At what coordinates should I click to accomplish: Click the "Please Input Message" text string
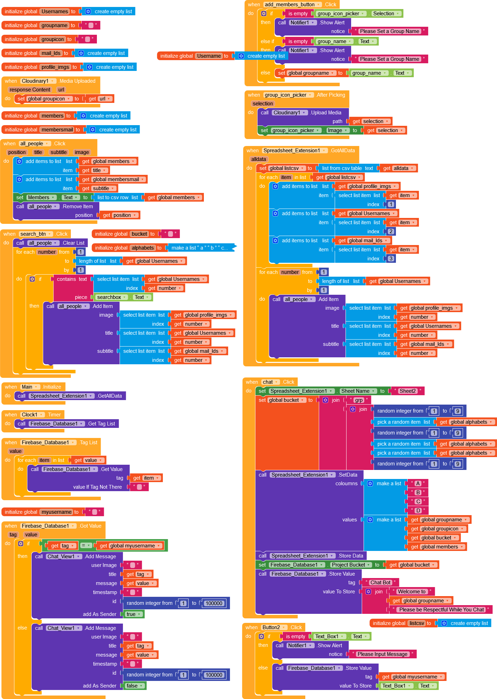coord(382,654)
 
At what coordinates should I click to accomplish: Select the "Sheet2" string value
coord(407,391)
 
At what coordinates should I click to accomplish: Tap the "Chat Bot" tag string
coord(380,583)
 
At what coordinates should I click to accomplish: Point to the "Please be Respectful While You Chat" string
coord(441,610)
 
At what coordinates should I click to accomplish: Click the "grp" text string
coord(359,400)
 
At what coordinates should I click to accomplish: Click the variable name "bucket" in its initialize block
coord(139,234)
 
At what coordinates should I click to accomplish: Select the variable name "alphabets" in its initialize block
coord(143,248)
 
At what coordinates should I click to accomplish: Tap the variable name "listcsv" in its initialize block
coord(416,623)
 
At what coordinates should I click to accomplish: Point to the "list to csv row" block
coord(117,197)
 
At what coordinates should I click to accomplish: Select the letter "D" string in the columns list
coord(418,511)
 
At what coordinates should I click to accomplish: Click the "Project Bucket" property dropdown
coord(350,565)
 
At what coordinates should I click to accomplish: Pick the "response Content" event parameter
coord(30,90)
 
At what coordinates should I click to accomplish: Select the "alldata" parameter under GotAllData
coord(259,159)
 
